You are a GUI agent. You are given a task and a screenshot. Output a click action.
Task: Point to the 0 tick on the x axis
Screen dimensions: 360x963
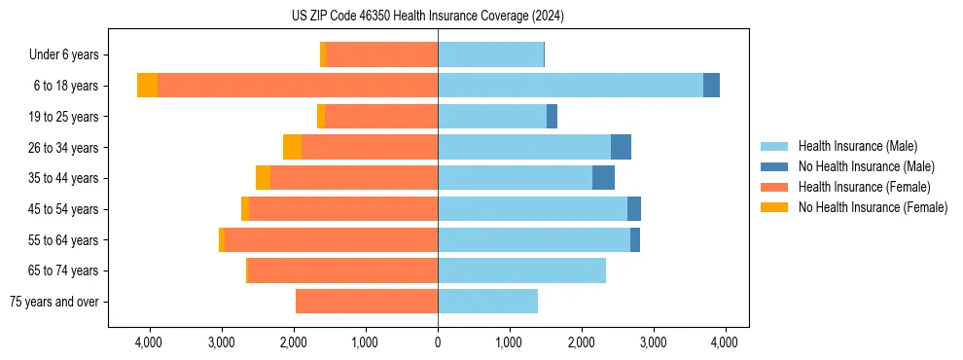tap(438, 342)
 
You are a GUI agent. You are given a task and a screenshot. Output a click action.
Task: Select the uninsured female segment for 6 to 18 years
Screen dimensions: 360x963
tap(147, 86)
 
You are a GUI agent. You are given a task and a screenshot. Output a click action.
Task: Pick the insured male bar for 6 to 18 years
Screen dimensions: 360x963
tap(570, 86)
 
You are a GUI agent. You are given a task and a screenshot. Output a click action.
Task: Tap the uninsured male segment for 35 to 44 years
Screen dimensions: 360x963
tap(603, 178)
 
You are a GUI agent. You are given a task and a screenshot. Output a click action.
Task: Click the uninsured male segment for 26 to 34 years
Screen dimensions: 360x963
tap(621, 147)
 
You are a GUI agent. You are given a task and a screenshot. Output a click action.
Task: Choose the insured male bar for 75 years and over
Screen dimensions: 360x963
tap(487, 302)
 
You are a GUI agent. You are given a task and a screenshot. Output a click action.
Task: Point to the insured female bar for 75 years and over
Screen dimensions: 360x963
tap(367, 302)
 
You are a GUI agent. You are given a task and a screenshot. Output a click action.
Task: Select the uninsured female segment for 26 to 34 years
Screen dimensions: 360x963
tap(292, 147)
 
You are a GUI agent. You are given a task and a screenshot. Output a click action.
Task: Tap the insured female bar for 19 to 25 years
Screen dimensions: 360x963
tap(381, 117)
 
